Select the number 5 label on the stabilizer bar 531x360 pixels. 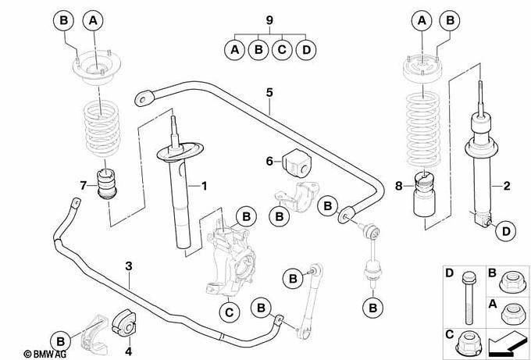[x=269, y=92]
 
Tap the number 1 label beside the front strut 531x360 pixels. [x=205, y=186]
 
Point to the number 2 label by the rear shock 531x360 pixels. [x=506, y=186]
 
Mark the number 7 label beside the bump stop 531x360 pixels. [x=83, y=184]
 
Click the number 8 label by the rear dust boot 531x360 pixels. [x=400, y=186]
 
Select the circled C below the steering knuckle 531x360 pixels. [x=228, y=313]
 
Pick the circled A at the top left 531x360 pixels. [x=92, y=20]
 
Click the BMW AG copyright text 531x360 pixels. [x=29, y=354]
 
